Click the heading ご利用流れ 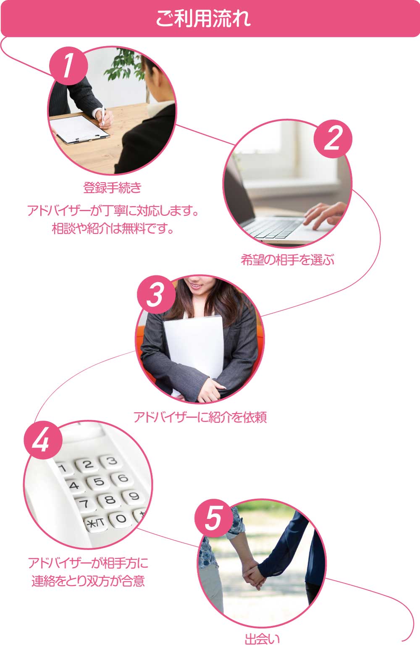203,18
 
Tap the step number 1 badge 68,66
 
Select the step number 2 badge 333,139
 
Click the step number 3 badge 156,295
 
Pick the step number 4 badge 43,440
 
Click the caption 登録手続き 113,187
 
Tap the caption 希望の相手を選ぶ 287,259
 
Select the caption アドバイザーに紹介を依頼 200,417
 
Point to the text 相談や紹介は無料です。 113,229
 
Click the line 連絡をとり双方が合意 88,581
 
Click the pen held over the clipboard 103,116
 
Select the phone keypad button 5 99,482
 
